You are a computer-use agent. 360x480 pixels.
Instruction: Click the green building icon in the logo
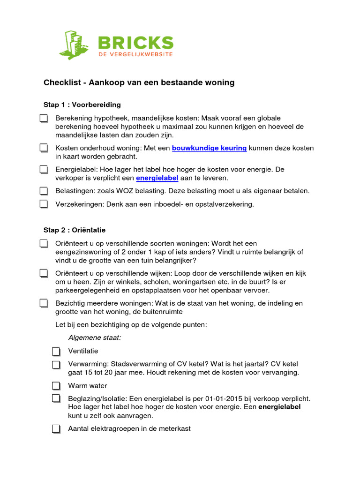click(x=74, y=44)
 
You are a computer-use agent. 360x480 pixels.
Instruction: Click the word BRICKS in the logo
click(x=135, y=44)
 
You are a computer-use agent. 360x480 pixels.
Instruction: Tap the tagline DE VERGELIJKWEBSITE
click(x=135, y=55)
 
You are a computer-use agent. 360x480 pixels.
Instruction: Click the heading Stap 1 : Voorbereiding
click(x=82, y=105)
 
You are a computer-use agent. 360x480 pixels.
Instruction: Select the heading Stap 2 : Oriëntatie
click(x=75, y=230)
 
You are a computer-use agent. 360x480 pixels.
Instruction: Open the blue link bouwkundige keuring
click(x=209, y=148)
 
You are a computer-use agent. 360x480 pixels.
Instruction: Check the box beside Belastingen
click(x=44, y=191)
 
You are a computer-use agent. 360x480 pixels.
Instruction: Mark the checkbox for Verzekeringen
click(x=44, y=204)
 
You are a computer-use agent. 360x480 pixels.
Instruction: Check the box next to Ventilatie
click(x=56, y=352)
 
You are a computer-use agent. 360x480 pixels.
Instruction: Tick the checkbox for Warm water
click(x=56, y=386)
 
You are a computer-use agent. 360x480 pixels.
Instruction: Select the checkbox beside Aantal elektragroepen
click(x=56, y=429)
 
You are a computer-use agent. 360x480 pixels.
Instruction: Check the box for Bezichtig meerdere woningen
click(x=44, y=304)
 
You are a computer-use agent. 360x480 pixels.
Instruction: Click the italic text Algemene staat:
click(x=95, y=337)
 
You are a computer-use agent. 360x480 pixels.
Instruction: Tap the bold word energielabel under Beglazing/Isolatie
click(x=279, y=407)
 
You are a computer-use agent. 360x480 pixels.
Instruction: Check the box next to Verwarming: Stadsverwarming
click(x=56, y=365)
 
